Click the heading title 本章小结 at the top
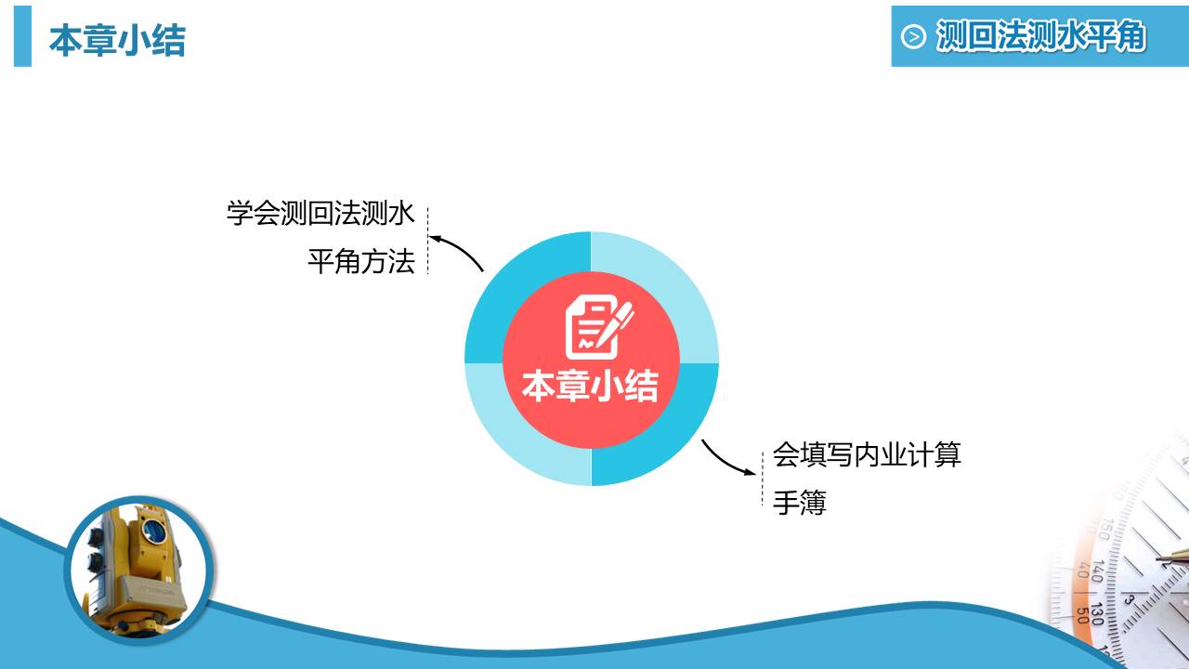coord(117,41)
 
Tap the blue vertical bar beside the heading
coord(22,36)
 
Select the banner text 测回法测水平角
coord(1040,36)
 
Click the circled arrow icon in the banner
coord(914,36)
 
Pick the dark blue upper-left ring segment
coord(507,279)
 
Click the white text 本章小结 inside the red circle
coord(590,386)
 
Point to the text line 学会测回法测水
coord(320,213)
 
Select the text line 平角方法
coord(360,261)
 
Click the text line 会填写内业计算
coord(867,454)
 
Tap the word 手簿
coord(800,503)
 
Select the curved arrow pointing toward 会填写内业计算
coord(726,459)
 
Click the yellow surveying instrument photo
coord(139,567)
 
